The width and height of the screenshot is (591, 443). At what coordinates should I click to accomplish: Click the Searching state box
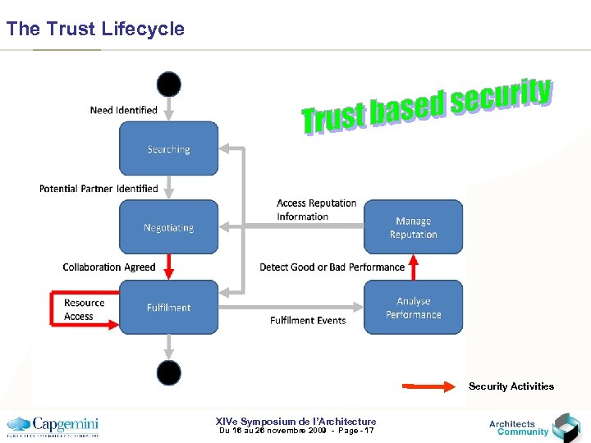[168, 148]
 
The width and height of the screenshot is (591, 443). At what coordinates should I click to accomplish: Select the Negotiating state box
[168, 227]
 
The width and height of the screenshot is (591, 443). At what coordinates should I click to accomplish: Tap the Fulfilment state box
[168, 307]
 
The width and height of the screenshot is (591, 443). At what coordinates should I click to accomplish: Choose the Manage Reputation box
[413, 227]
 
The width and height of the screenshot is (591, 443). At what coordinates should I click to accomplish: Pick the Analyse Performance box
[413, 307]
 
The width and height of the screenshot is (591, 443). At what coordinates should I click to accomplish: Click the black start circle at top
[169, 84]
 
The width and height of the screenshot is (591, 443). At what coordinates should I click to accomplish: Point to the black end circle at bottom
[169, 372]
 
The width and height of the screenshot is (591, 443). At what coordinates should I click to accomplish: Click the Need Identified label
[123, 110]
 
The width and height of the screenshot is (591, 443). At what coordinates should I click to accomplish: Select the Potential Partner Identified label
[98, 189]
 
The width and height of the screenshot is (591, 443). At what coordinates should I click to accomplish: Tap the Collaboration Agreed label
[109, 267]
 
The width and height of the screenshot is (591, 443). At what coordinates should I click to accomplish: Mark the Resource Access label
[85, 309]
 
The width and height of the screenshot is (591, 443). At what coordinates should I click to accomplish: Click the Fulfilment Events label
[308, 321]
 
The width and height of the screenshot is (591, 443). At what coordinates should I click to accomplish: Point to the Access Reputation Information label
[316, 210]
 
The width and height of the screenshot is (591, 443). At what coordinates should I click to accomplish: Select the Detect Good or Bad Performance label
[332, 267]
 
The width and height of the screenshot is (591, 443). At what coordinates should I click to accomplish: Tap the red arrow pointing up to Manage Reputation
[414, 267]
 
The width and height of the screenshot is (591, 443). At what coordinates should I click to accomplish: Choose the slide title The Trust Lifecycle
[95, 30]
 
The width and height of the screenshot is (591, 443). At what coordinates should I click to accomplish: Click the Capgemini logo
[53, 426]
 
